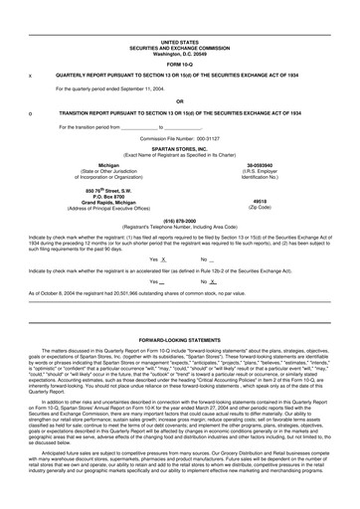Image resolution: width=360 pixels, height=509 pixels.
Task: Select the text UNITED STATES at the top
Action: (x=179, y=43)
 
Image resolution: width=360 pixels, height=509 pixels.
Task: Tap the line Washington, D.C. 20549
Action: (x=179, y=53)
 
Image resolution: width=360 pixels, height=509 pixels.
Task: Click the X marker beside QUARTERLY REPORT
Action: (x=32, y=76)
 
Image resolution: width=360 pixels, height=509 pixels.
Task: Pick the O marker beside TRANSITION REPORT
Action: (x=32, y=114)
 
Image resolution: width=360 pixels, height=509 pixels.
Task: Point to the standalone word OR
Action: (x=179, y=100)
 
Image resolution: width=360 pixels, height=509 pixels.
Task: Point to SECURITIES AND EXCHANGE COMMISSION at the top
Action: (x=179, y=48)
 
